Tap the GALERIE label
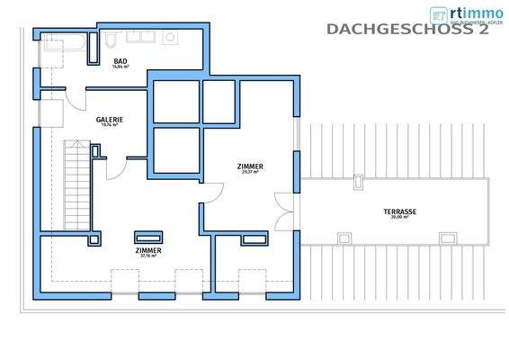pyautogui.click(x=110, y=119)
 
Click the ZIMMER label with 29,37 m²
pyautogui.click(x=250, y=166)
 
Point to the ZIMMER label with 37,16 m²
pyautogui.click(x=148, y=249)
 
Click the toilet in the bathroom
pyautogui.click(x=110, y=41)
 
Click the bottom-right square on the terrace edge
pyautogui.click(x=447, y=238)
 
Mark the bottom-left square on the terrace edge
pyautogui.click(x=343, y=238)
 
